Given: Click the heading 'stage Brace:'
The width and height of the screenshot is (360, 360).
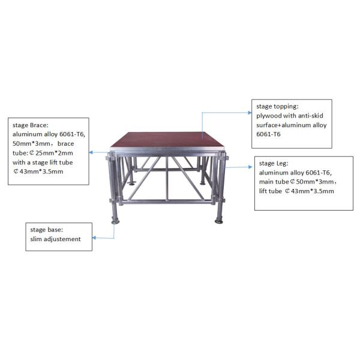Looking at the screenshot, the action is [31, 125].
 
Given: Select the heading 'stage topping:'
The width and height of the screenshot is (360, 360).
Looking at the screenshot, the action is [277, 107].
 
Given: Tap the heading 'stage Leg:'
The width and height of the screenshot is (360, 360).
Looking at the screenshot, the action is [274, 163].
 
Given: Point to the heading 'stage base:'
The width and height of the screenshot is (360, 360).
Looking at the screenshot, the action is [46, 230].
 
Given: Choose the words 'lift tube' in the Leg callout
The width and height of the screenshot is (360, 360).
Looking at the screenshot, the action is [271, 191].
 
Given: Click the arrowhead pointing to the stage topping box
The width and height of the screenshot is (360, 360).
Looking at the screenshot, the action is [250, 113].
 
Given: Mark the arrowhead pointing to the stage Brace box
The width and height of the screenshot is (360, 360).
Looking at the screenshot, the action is [91, 152].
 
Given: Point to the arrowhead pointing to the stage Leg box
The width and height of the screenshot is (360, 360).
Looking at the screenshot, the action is [250, 167].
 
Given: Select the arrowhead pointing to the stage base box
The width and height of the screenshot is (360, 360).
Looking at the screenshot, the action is [94, 238].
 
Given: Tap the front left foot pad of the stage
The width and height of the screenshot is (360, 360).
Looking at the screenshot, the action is [115, 222].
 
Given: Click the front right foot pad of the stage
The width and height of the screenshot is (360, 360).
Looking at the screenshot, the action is [219, 221].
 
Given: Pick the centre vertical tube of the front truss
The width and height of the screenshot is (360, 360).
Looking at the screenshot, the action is [167, 178].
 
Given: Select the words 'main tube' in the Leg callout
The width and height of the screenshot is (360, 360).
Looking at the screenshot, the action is [274, 182].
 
